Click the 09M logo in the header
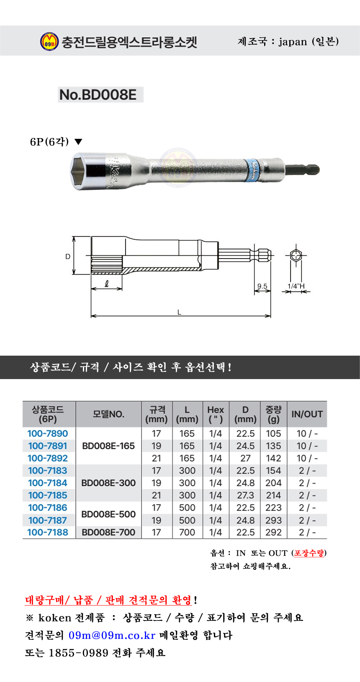(x=49, y=41)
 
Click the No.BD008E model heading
(x=98, y=95)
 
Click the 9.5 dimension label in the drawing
(x=262, y=286)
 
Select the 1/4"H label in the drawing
(x=296, y=286)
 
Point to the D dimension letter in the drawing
(x=68, y=256)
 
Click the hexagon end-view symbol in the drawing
(x=296, y=256)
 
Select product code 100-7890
(x=48, y=433)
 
